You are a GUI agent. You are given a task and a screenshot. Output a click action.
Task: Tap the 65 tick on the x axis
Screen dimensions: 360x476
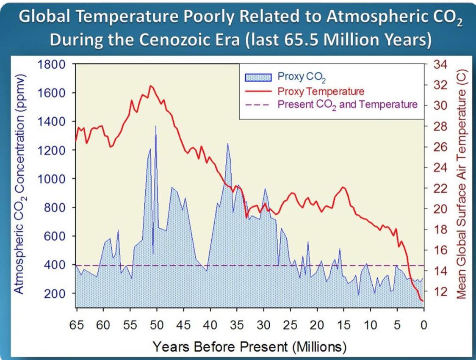(77, 325)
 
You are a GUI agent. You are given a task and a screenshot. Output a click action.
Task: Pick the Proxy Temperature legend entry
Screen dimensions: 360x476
(321, 91)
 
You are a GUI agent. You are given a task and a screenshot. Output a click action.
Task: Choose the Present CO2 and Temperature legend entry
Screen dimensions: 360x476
(347, 104)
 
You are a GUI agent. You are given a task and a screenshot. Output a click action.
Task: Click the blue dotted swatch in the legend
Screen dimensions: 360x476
(258, 77)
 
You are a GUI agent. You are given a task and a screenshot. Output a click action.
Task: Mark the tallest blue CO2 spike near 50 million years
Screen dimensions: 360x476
(155, 126)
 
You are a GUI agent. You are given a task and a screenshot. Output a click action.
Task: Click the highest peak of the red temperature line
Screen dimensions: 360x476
(151, 86)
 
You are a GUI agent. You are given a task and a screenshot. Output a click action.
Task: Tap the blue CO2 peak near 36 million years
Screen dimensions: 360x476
(228, 144)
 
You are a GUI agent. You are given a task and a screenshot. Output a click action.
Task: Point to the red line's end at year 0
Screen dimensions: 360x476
(422, 301)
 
